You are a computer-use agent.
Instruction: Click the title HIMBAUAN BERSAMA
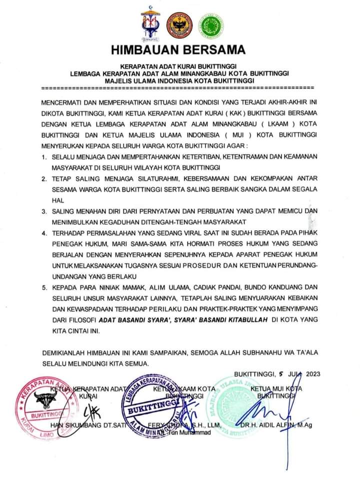coord(179,50)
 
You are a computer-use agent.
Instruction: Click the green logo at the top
coord(211,26)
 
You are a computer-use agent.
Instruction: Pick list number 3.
coord(43,212)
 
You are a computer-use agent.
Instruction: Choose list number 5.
coord(43,288)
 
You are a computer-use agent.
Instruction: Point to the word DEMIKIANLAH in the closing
coord(68,352)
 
